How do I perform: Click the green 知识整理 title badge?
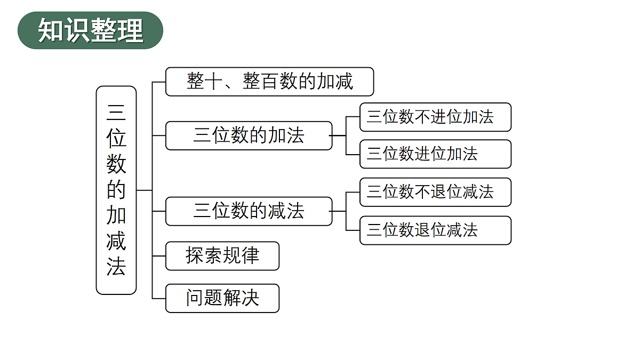pyautogui.click(x=90, y=30)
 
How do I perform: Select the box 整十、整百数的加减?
pyautogui.click(x=269, y=82)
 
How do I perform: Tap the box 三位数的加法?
pyautogui.click(x=249, y=135)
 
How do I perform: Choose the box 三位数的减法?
pyautogui.click(x=249, y=211)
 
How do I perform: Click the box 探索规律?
pyautogui.click(x=222, y=256)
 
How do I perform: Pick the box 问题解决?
pyautogui.click(x=222, y=298)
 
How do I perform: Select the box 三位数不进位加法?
pyautogui.click(x=435, y=117)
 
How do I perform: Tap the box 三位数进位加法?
pyautogui.click(x=435, y=154)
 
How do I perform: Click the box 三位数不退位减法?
pyautogui.click(x=435, y=192)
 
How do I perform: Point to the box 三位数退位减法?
pyautogui.click(x=435, y=230)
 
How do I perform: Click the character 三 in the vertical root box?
pyautogui.click(x=116, y=113)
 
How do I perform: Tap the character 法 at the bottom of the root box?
pyautogui.click(x=116, y=267)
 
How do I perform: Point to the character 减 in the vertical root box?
pyautogui.click(x=116, y=241)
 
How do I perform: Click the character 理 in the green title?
pyautogui.click(x=130, y=30)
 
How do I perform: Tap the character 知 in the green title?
pyautogui.click(x=51, y=30)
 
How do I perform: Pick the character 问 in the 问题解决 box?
pyautogui.click(x=195, y=298)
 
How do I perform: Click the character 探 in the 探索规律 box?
pyautogui.click(x=195, y=255)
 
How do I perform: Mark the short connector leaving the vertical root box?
pyautogui.click(x=145, y=190)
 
